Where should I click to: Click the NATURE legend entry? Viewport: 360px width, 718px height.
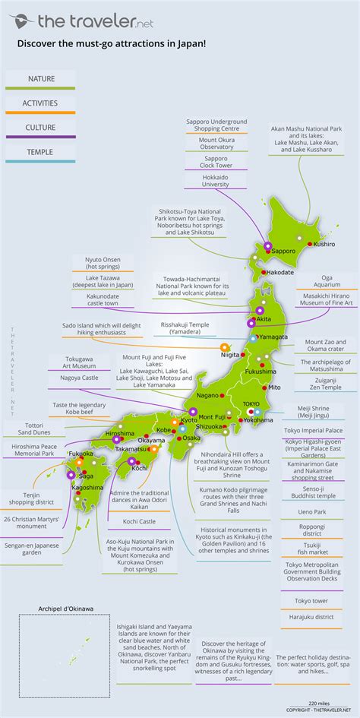click(x=40, y=78)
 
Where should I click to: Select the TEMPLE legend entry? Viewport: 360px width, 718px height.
click(x=40, y=152)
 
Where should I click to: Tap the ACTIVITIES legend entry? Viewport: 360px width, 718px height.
click(x=40, y=103)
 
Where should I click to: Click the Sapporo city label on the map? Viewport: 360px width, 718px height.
click(x=283, y=250)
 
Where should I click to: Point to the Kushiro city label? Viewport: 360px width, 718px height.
click(x=324, y=245)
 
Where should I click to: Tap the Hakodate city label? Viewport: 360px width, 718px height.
click(x=280, y=271)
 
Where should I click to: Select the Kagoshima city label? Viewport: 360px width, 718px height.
click(x=89, y=487)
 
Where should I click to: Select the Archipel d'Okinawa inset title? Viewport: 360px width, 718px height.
click(x=66, y=609)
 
